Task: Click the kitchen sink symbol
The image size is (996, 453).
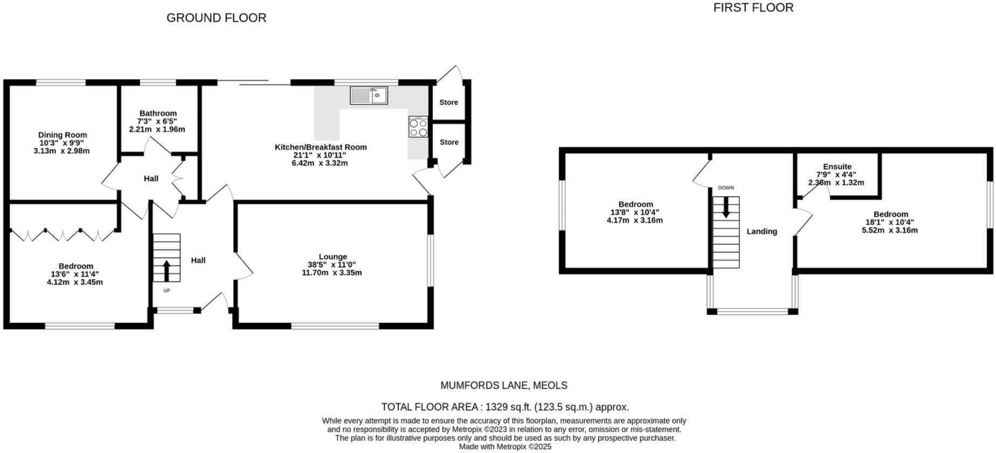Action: tap(369, 95)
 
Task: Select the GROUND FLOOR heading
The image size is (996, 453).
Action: tap(216, 18)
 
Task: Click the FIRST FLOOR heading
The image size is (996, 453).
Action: tap(753, 8)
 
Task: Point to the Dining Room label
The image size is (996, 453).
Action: tap(63, 135)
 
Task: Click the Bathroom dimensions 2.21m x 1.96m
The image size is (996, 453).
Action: tap(157, 129)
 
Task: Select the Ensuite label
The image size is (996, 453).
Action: tap(837, 167)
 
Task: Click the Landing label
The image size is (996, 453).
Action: tap(762, 231)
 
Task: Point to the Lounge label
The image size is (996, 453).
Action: tap(333, 257)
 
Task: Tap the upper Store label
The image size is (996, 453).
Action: tap(448, 102)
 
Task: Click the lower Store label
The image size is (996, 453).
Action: tap(449, 142)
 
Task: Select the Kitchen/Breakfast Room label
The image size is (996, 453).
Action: tap(321, 147)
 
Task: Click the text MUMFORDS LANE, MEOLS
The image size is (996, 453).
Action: tap(504, 386)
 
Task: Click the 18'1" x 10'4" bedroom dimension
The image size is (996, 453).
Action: tap(890, 222)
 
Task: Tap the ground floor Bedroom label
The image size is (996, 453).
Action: tap(76, 266)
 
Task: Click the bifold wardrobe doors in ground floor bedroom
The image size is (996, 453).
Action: tap(63, 235)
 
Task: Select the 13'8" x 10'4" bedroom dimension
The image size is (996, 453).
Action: tap(635, 212)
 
